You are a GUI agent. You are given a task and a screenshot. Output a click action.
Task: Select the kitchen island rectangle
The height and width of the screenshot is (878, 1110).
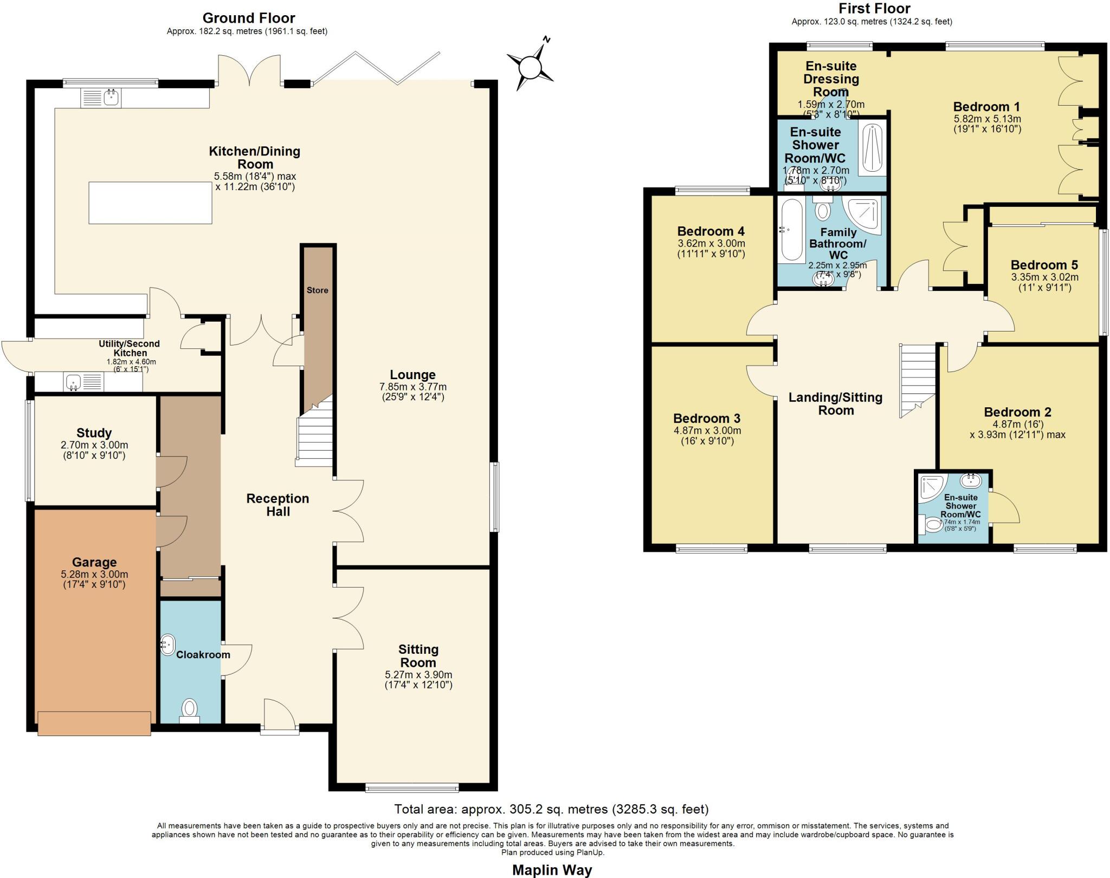150,203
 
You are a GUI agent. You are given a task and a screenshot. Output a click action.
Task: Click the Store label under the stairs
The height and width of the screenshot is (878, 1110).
317,290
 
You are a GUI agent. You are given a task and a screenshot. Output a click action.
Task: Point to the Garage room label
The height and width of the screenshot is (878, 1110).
94,562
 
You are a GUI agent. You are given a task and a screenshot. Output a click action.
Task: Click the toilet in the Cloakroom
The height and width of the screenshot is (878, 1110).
189,708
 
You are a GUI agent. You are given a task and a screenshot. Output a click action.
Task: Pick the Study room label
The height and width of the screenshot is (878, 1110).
94,433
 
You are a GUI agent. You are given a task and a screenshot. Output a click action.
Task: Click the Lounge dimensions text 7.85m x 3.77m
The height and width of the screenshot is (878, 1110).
413,387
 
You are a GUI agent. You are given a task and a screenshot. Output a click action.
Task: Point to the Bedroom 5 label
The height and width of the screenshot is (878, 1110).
1044,265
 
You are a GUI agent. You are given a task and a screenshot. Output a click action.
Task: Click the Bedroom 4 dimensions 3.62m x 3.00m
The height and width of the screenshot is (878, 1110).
711,244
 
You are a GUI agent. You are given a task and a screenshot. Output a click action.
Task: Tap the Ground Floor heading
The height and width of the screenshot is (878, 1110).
249,18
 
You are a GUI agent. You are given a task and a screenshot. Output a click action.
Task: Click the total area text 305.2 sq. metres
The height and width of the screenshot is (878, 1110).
551,809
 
